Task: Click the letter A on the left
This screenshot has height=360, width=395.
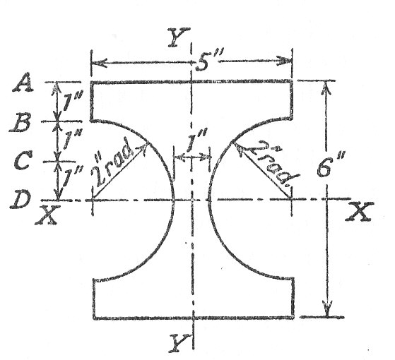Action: click(23, 83)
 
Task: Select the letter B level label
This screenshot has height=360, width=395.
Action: click(20, 123)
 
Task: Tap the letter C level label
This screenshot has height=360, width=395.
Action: click(23, 161)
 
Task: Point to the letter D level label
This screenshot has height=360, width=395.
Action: click(20, 199)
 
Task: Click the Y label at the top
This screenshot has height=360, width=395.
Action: click(179, 37)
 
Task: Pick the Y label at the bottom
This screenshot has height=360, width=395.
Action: click(179, 342)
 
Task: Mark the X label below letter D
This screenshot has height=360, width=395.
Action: click(47, 215)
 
